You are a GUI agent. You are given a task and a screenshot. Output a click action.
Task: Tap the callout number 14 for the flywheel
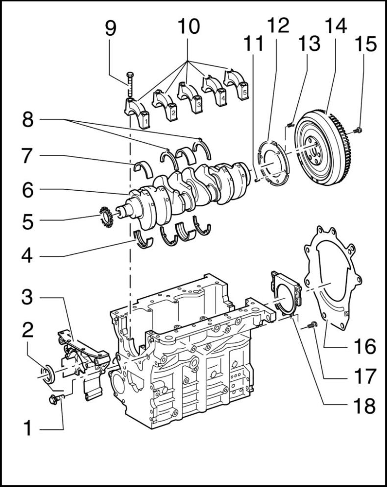click(x=335, y=25)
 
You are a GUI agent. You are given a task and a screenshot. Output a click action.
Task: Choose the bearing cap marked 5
click(x=237, y=86)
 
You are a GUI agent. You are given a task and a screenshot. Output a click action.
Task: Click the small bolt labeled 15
click(x=358, y=130)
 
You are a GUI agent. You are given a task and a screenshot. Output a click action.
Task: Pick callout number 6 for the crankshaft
click(x=27, y=190)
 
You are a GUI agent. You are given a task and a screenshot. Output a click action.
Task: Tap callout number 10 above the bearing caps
click(x=188, y=25)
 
